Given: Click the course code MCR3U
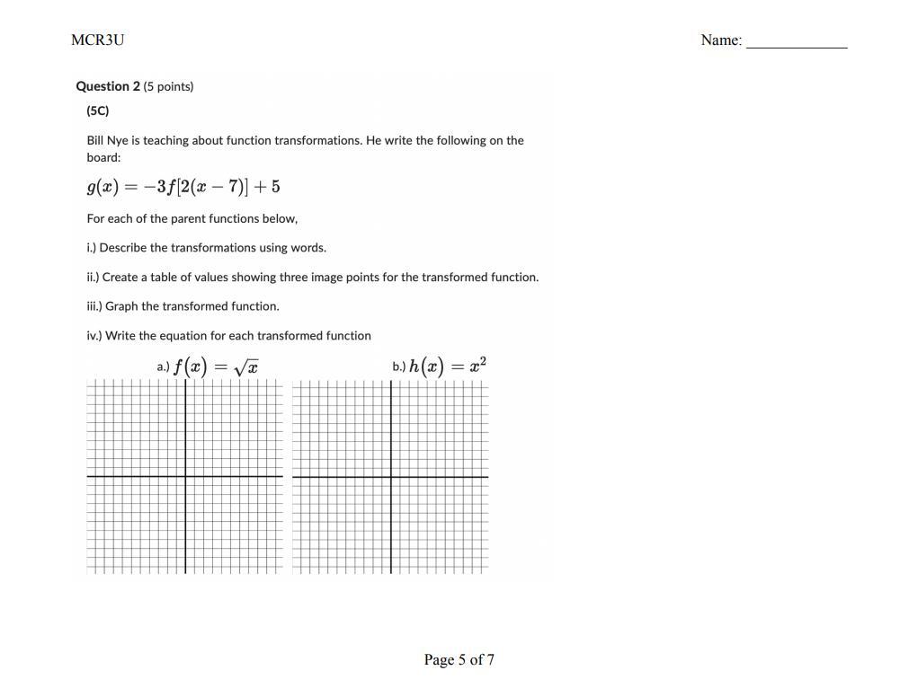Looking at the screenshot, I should click(x=97, y=40).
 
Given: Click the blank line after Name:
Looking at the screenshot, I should click(x=797, y=43).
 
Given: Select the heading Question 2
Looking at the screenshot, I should click(x=108, y=86).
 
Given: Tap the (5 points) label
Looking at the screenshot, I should click(x=168, y=86).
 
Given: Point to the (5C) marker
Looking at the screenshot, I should click(x=98, y=110).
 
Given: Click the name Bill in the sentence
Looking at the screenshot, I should click(x=94, y=140).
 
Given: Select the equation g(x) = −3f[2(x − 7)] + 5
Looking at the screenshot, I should click(x=183, y=187).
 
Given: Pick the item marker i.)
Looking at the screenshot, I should click(x=92, y=247).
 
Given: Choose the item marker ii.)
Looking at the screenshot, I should click(x=93, y=277).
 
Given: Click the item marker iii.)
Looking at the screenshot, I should click(x=94, y=305).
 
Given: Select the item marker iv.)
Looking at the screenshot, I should click(x=94, y=335).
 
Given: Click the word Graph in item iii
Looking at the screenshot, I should click(x=121, y=305).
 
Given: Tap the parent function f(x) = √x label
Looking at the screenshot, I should click(x=216, y=366).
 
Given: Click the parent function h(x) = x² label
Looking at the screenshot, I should click(x=448, y=366).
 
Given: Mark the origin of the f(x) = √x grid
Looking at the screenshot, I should click(x=186, y=477).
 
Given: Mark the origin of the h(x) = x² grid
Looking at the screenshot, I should click(x=391, y=477).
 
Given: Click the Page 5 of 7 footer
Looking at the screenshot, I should click(x=459, y=659).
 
